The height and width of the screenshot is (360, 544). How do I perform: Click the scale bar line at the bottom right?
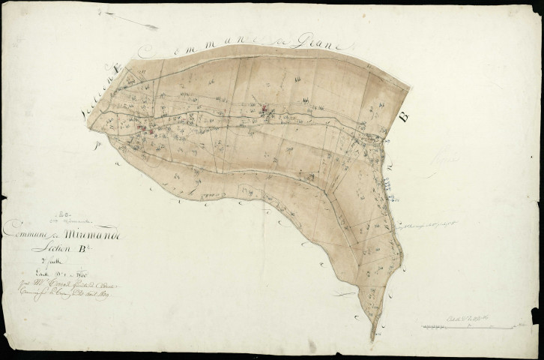point(472,326)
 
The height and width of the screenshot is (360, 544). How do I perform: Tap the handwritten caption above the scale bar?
point(472,316)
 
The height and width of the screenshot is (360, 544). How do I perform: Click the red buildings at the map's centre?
point(265,111)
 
